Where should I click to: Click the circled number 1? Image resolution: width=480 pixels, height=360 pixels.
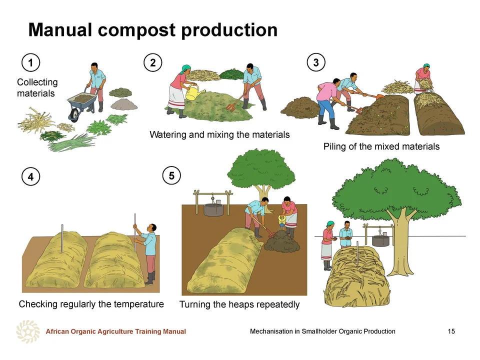point(30,63)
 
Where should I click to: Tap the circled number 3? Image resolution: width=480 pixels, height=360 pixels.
point(316,62)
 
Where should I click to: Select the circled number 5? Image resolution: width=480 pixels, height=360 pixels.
point(171,175)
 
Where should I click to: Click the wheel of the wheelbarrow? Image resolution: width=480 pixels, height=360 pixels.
point(74,114)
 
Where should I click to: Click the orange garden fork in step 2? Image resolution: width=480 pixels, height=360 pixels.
point(237,100)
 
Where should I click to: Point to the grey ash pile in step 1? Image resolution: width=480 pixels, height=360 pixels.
point(124,104)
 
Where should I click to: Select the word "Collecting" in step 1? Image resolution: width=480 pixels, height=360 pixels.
point(37,82)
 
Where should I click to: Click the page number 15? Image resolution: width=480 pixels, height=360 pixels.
point(451,331)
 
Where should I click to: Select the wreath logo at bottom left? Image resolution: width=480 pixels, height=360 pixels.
point(28,331)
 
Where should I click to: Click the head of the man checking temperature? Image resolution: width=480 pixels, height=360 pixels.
point(152,228)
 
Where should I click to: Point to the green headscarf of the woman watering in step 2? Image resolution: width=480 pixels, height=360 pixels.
point(185,68)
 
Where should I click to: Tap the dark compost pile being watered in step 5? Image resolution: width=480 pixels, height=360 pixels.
point(282,241)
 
